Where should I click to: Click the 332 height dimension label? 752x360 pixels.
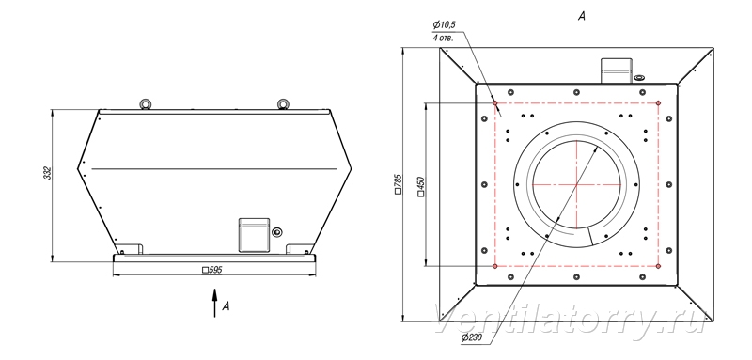(47, 173)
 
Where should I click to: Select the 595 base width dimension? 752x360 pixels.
(212, 270)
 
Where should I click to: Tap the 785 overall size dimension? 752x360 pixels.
(398, 184)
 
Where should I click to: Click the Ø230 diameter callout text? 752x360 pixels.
(472, 338)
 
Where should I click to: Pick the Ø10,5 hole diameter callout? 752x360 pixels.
(444, 24)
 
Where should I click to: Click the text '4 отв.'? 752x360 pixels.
(443, 38)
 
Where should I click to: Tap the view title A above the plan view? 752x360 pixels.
(581, 17)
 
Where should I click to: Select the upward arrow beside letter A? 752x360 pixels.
(215, 303)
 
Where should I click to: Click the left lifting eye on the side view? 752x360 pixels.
(145, 104)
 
